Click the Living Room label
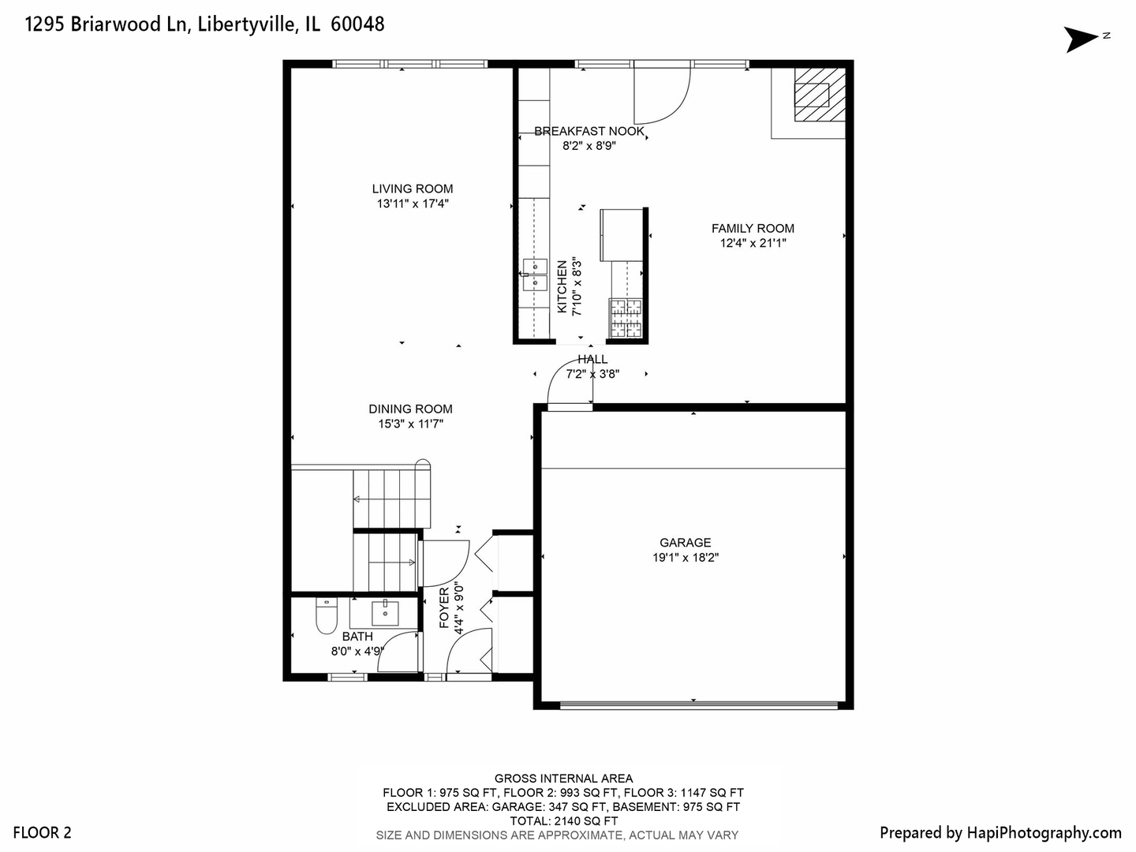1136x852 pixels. pyautogui.click(x=413, y=189)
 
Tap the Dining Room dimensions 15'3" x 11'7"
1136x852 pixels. pyautogui.click(x=410, y=424)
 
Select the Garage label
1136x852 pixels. pyautogui.click(x=685, y=543)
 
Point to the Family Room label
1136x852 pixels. pyautogui.click(x=753, y=229)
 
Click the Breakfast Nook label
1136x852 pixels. pyautogui.click(x=589, y=131)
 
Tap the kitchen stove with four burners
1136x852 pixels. pyautogui.click(x=626, y=319)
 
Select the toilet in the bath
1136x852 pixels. pyautogui.click(x=327, y=615)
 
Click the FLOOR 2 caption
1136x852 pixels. pyautogui.click(x=42, y=832)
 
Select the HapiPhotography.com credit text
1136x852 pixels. pyautogui.click(x=1000, y=832)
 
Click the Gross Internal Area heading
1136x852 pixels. pyautogui.click(x=563, y=779)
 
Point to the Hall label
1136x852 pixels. pyautogui.click(x=592, y=360)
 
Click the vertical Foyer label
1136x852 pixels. pyautogui.click(x=443, y=607)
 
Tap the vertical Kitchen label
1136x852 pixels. pyautogui.click(x=562, y=287)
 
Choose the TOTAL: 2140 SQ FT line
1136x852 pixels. pyautogui.click(x=563, y=821)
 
